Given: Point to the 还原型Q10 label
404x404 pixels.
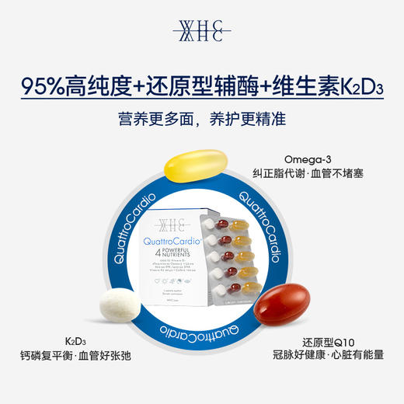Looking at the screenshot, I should (326, 342).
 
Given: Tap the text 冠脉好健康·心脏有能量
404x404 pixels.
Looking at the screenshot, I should (326, 358).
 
